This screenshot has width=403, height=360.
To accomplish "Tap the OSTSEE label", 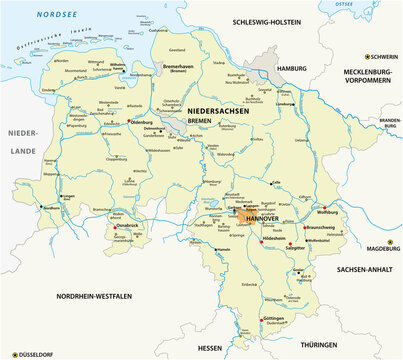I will coord(370,6).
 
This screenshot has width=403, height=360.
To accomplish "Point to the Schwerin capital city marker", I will coord(367,56).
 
